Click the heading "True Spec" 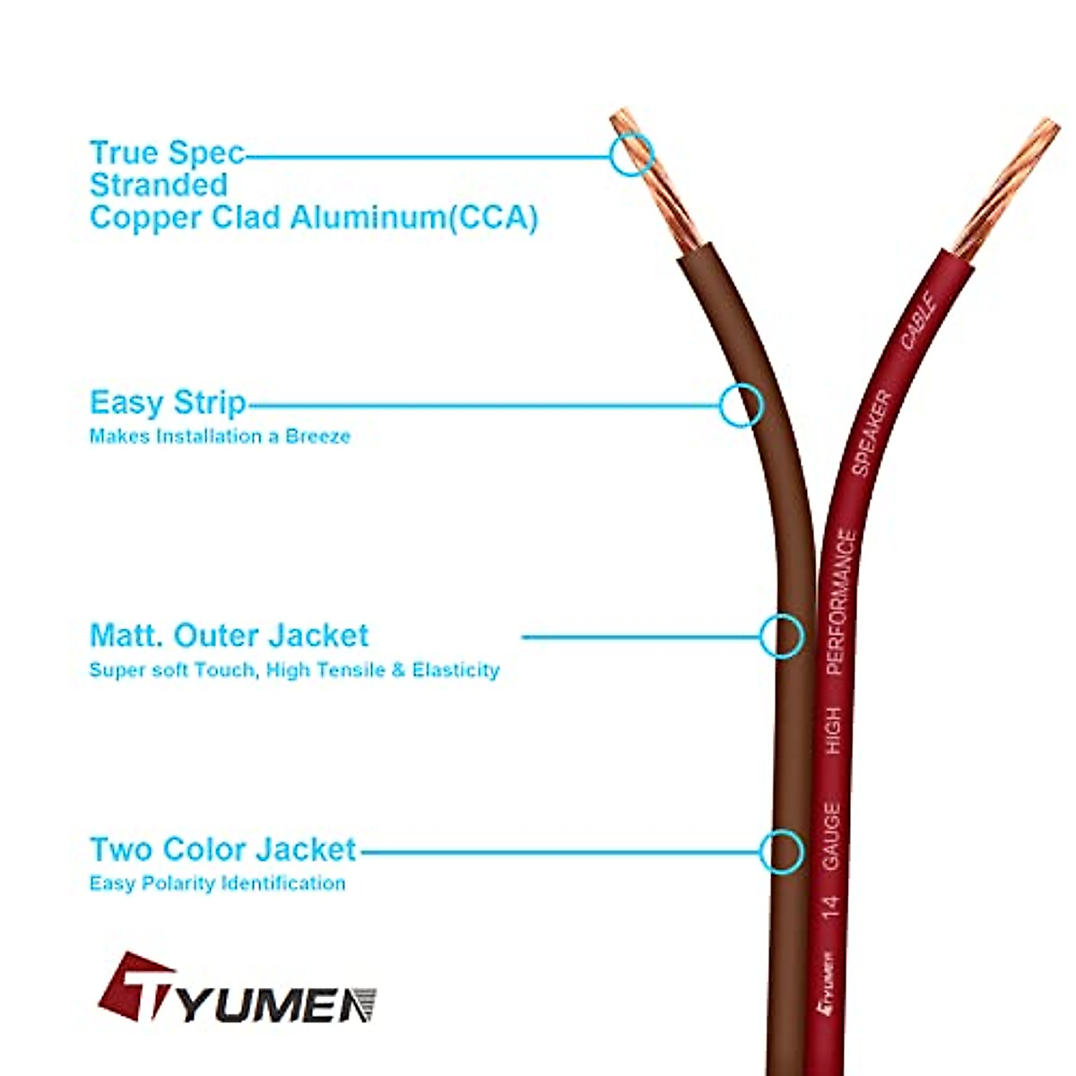[167, 153]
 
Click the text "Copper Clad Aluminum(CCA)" [313, 218]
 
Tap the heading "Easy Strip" [168, 403]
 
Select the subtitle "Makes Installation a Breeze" [220, 437]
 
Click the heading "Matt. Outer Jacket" [229, 636]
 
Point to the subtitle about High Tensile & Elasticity [294, 670]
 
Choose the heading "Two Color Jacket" [223, 849]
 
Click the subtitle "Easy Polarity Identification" [217, 883]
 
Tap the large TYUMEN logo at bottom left [237, 990]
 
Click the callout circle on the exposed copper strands [632, 154]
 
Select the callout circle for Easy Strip [742, 405]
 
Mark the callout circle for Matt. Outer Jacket [781, 637]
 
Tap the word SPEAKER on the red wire [871, 433]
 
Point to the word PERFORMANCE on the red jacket [839, 602]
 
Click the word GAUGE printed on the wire [831, 836]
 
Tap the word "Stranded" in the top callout [159, 186]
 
